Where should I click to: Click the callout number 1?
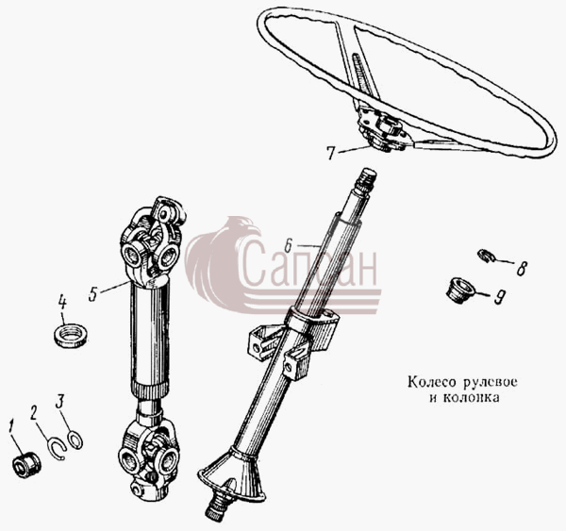pyautogui.click(x=11, y=426)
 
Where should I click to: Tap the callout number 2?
pyautogui.click(x=34, y=412)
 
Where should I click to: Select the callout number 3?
pyautogui.click(x=60, y=401)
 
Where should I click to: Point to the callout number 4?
pyautogui.click(x=62, y=303)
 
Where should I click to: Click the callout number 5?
pyautogui.click(x=93, y=294)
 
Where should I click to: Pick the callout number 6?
pyautogui.click(x=288, y=245)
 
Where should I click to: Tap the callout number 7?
pyautogui.click(x=331, y=153)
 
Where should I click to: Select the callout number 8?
pyautogui.click(x=522, y=268)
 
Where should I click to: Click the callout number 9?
pyautogui.click(x=499, y=296)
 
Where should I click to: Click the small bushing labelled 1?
pyautogui.click(x=26, y=466)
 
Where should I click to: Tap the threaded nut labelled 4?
pyautogui.click(x=70, y=336)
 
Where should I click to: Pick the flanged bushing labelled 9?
pyautogui.click(x=460, y=290)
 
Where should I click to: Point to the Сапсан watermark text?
pyautogui.click(x=309, y=263)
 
